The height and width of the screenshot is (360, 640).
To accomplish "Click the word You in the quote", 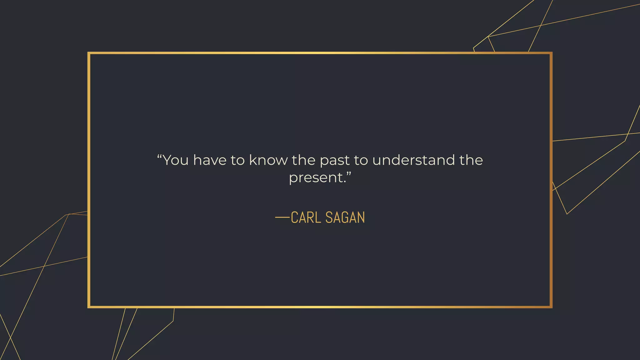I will tap(176, 160).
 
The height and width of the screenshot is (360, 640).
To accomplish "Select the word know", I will tap(268, 160).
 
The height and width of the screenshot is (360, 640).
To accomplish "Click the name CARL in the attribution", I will tap(306, 217).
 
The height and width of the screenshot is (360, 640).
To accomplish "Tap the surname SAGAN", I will tap(345, 217).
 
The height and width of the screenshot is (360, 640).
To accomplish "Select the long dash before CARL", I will tap(282, 217).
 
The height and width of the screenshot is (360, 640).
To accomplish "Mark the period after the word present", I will tap(345, 182).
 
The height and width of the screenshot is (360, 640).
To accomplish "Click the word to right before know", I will tap(237, 160).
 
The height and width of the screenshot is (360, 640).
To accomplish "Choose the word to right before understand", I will tap(361, 160).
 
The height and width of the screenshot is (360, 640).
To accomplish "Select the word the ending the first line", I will tap(471, 160).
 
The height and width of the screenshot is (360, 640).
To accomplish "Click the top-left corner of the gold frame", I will tap(89, 53).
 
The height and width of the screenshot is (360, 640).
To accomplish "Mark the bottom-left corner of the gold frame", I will tap(89, 307).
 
